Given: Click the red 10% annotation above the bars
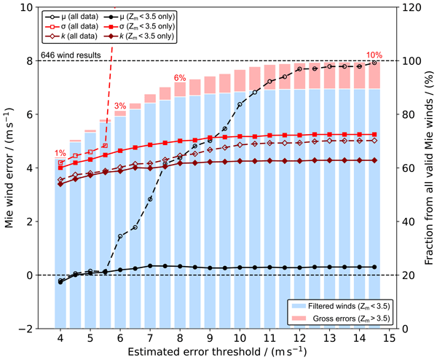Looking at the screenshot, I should coord(374,55).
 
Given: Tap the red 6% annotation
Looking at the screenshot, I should coord(180,78).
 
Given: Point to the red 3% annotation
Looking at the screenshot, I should coord(120,106).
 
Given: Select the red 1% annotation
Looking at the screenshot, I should coord(60,152).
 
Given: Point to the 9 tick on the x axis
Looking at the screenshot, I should coord(210,338).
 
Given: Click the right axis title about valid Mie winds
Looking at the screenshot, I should coord(427,168).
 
